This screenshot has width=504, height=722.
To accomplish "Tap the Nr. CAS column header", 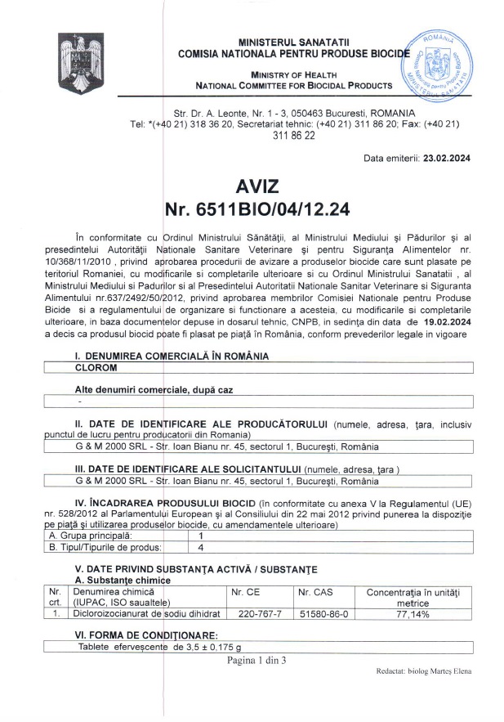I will click(314, 590).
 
